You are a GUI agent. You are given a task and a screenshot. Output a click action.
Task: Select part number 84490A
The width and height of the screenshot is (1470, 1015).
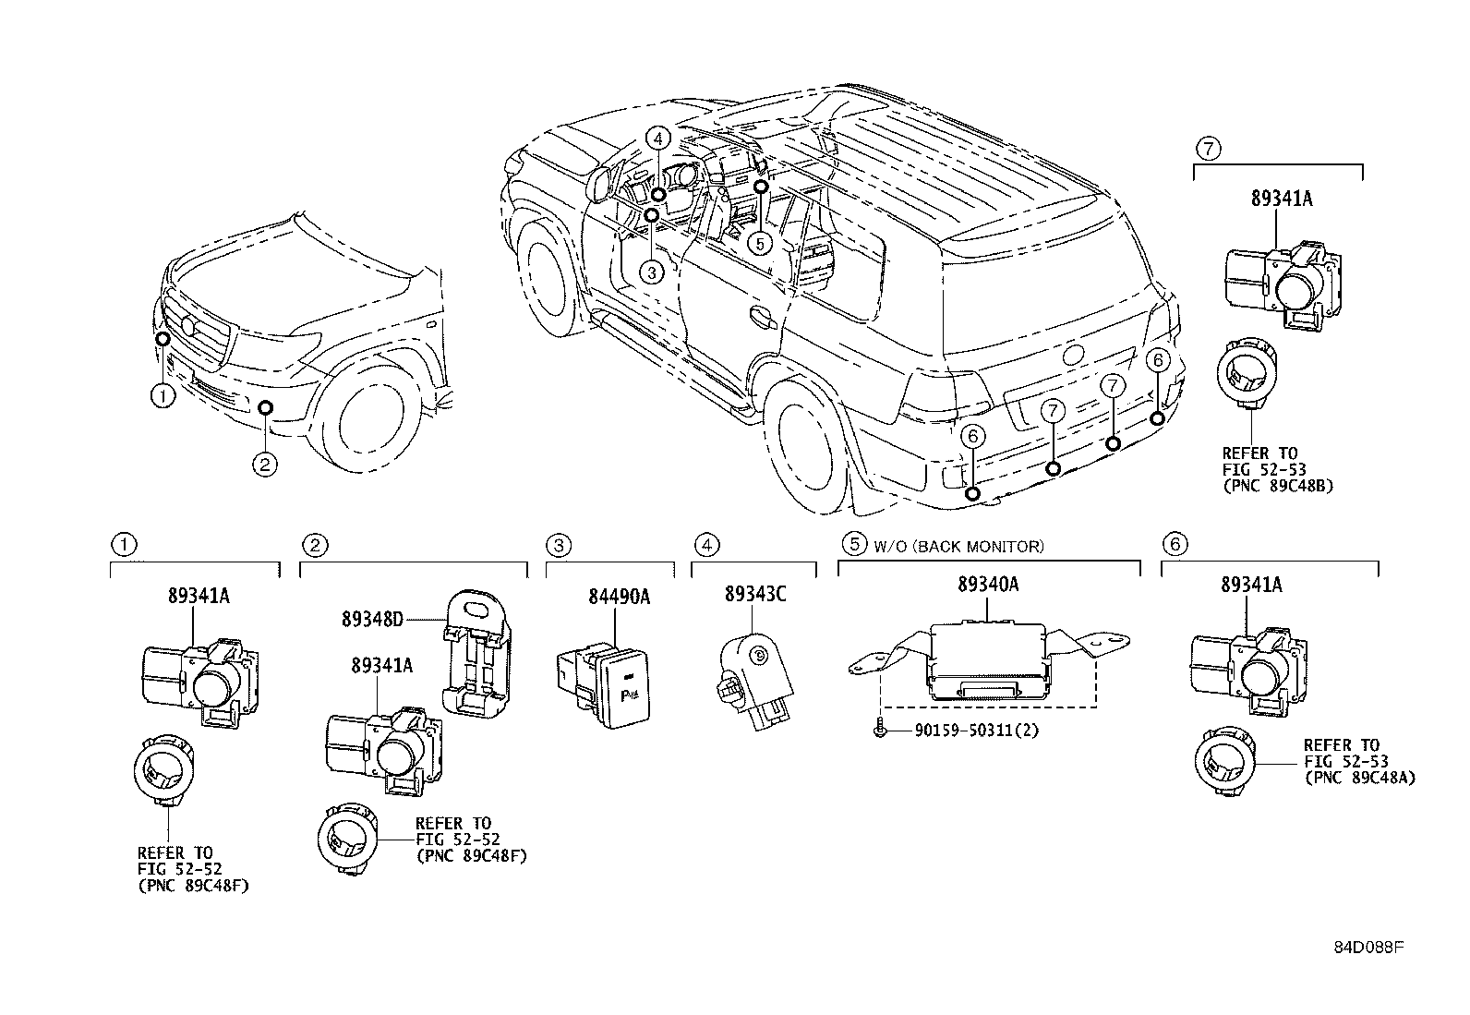point(619,597)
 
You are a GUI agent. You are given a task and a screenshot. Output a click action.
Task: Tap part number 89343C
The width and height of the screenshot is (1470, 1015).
point(755,594)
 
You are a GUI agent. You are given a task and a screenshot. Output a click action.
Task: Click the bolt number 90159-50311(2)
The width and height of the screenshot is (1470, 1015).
point(977,731)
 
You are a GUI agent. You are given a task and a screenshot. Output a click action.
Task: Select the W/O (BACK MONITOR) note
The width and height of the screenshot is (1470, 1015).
point(958,546)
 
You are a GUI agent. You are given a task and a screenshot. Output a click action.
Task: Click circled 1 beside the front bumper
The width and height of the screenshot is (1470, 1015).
point(163,397)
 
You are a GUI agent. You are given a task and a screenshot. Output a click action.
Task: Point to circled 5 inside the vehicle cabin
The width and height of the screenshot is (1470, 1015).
point(758,244)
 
